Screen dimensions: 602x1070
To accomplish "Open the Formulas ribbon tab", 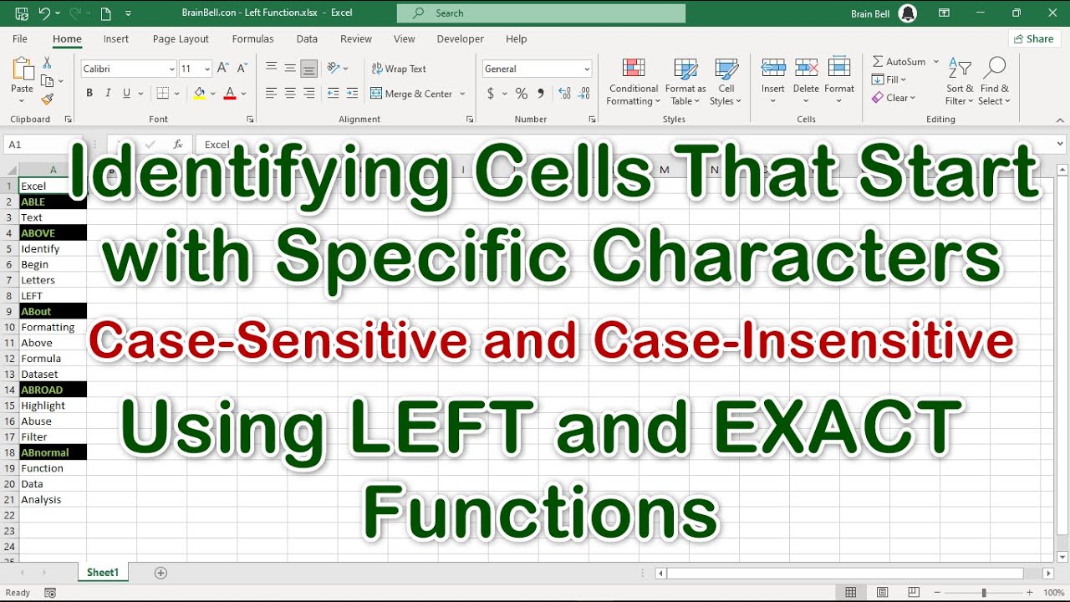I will (252, 38).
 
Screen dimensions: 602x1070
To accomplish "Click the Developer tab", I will (460, 38).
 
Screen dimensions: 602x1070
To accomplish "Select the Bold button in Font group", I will (89, 94).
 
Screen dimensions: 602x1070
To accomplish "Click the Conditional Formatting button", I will (633, 82).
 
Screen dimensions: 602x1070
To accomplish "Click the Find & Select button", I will (994, 82).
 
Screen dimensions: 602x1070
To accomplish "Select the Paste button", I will (23, 77).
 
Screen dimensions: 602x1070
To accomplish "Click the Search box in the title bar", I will (541, 13).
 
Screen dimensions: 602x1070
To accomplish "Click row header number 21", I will (9, 500).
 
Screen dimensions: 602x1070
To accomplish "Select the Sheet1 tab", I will (103, 573).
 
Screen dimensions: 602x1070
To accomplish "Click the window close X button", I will (1052, 13).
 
